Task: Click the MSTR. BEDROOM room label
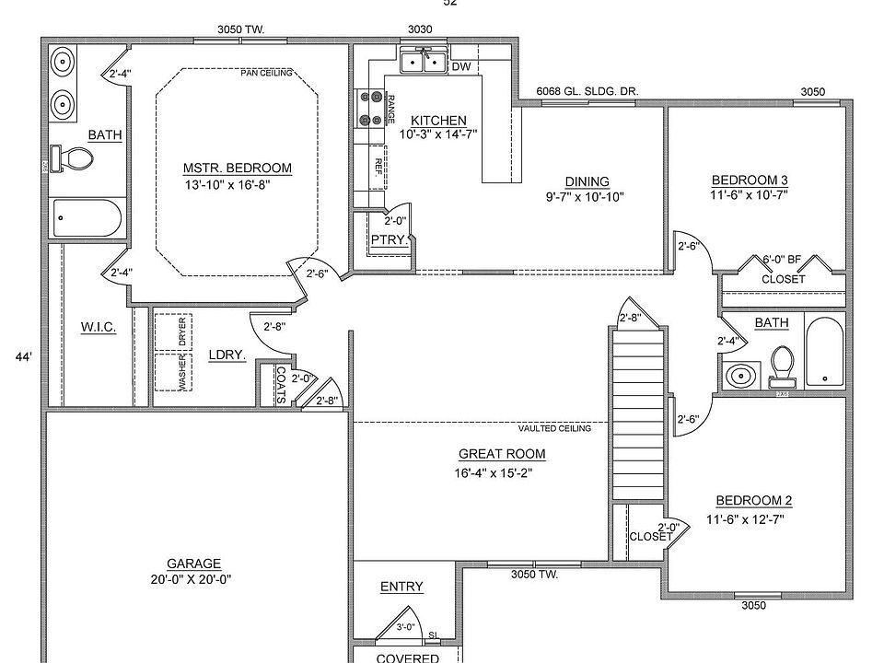click(x=237, y=169)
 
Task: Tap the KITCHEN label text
click(x=438, y=121)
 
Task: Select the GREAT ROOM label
click(x=501, y=454)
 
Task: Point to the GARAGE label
click(x=193, y=564)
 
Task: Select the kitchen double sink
click(x=423, y=63)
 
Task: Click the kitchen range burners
click(x=372, y=107)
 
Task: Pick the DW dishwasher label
click(x=461, y=66)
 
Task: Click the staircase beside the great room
click(x=637, y=410)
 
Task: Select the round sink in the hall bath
click(x=739, y=376)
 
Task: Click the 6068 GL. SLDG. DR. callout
click(x=587, y=92)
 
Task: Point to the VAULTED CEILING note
click(x=553, y=428)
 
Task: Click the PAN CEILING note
click(x=267, y=73)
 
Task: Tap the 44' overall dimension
click(x=24, y=356)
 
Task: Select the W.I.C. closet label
click(x=98, y=327)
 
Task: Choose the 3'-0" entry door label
click(x=405, y=628)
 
